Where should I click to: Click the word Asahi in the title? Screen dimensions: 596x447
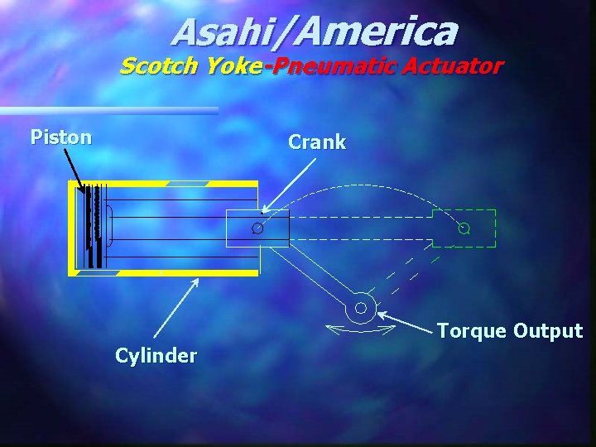226,32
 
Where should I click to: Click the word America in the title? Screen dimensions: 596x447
374,32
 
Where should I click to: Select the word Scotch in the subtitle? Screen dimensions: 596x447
157,66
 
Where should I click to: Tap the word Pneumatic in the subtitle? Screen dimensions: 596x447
331,66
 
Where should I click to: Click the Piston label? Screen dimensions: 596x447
60,137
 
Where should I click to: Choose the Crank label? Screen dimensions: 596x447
317,142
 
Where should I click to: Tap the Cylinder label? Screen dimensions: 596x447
156,356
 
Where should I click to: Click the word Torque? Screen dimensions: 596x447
471,331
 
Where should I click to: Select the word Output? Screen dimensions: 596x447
547,331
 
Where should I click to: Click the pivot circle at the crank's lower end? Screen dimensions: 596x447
360,309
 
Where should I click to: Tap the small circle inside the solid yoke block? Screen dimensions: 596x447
257,228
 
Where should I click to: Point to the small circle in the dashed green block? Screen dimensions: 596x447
464,228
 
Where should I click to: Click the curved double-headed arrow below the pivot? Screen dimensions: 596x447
360,330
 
